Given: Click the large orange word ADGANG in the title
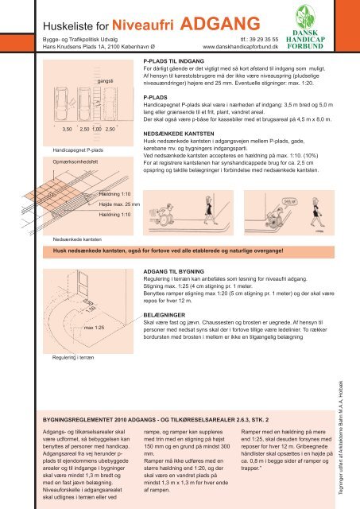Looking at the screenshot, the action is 220,23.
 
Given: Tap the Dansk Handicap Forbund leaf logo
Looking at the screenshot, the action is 305,17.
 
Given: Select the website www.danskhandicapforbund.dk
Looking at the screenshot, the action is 240,47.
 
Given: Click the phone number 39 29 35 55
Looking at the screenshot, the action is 264,39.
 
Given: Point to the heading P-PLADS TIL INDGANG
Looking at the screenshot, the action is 173,61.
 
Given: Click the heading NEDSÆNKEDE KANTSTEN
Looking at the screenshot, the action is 178,134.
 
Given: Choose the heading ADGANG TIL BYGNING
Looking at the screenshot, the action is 173,271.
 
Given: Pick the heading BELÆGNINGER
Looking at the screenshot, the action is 165,315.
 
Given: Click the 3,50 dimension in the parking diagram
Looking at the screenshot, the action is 67,129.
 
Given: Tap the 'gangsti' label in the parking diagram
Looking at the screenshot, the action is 105,81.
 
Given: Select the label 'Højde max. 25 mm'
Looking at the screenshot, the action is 119,204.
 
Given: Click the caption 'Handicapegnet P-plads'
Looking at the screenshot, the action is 78,150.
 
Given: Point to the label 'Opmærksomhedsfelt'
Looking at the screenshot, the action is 75,161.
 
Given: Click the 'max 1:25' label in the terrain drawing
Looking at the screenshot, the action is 94,328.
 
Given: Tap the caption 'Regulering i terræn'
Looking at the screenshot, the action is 73,357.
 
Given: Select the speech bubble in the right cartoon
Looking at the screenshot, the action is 289,201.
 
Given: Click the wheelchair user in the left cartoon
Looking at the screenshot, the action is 165,214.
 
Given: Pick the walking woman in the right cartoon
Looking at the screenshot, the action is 316,212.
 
